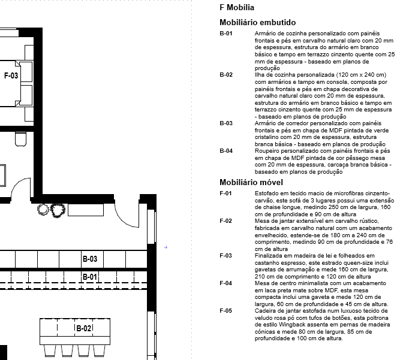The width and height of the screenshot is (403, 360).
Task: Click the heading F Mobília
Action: tap(237, 8)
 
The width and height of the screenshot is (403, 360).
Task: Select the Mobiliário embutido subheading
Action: tap(257, 22)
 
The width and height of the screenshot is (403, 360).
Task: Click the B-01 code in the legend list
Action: tap(226, 33)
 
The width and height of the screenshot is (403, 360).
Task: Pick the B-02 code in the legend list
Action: tap(226, 74)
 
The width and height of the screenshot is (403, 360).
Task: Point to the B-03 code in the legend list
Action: tap(226, 122)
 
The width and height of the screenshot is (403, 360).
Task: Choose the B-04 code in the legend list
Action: tap(226, 150)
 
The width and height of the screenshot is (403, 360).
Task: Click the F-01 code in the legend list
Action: tap(225, 193)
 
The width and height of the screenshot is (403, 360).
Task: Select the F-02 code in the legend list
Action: tap(225, 220)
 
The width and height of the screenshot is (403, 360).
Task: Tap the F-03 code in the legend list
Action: tap(225, 255)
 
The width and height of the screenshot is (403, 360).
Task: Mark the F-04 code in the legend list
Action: tap(225, 283)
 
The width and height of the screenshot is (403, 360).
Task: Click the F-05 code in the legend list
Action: tap(225, 310)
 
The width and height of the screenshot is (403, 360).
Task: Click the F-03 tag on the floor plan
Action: tap(11, 76)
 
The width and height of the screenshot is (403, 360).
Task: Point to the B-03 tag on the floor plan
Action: tap(89, 259)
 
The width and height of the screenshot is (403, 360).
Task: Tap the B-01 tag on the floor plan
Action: tap(89, 277)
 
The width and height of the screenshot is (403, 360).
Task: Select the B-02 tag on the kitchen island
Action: tap(83, 328)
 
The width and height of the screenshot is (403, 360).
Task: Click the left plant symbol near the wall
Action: tap(43, 210)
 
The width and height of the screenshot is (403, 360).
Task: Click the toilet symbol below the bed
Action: tap(20, 139)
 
